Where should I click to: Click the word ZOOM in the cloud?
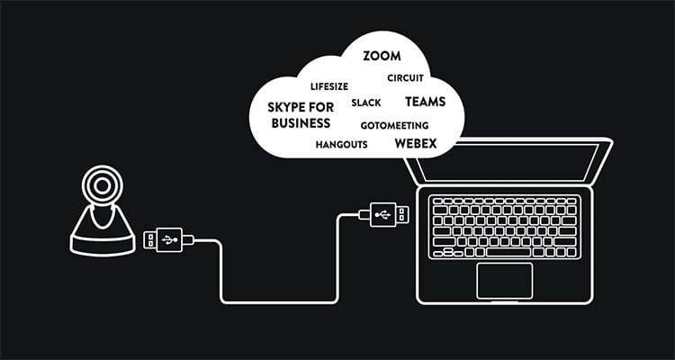point(382,56)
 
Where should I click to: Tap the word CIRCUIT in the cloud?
point(405,78)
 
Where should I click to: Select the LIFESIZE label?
point(328,87)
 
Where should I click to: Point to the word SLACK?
point(366,103)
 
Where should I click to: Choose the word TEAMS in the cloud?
point(425,102)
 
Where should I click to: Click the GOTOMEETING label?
point(394,125)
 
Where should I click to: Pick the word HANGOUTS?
point(341,144)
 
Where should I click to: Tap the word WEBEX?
point(416,142)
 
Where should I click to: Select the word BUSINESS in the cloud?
point(300,122)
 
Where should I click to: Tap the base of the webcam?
point(102,238)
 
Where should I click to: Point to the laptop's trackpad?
point(503,280)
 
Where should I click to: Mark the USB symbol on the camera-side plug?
point(168,239)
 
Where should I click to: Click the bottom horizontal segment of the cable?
point(279,301)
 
